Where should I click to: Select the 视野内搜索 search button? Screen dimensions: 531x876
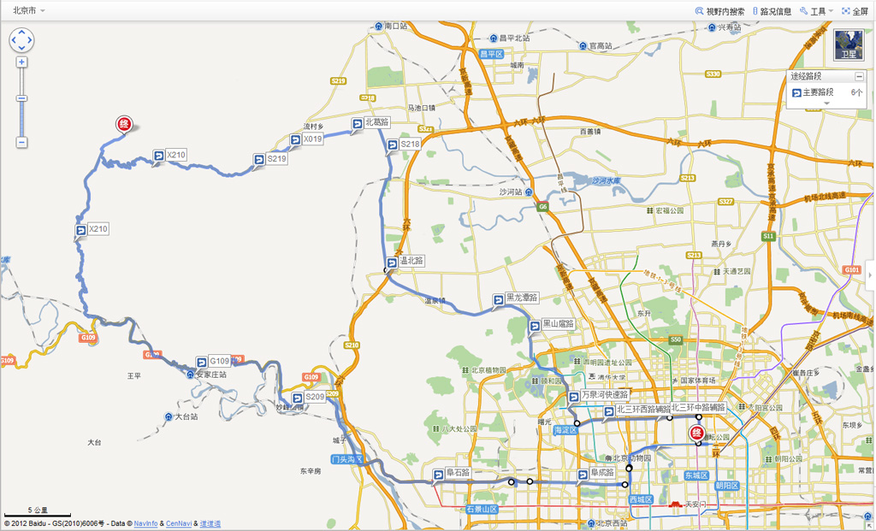tap(720, 11)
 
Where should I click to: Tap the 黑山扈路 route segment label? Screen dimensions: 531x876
tap(558, 324)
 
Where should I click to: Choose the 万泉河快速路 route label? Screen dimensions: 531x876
tap(604, 395)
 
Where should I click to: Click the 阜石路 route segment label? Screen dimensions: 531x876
tap(458, 472)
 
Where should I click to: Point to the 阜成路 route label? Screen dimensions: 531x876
tap(603, 472)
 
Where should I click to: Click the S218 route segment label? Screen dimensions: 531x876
tap(410, 145)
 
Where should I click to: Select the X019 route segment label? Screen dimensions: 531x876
tap(312, 139)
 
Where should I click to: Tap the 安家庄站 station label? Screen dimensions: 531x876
tap(210, 375)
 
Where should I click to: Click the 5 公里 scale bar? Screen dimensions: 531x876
tap(38, 511)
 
